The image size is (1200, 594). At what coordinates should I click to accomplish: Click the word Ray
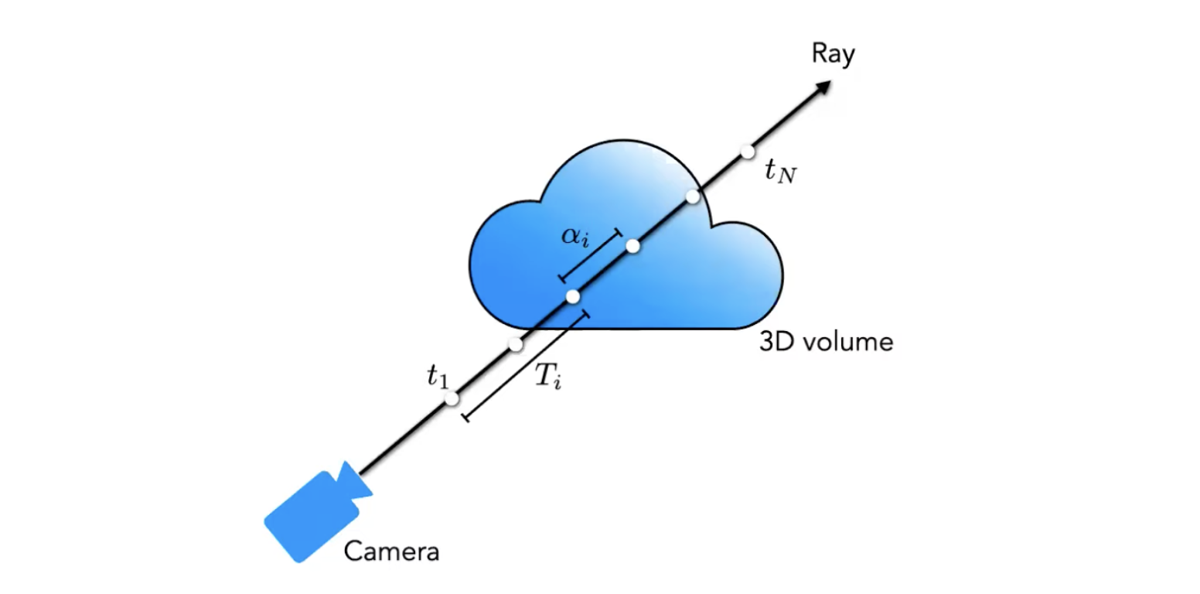coord(833,55)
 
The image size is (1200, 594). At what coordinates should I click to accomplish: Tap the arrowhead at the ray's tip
coord(824,86)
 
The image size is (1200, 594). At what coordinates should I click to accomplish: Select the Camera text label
coord(391,552)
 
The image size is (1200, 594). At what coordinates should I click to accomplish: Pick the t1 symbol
coord(437,377)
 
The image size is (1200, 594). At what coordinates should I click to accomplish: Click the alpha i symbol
coord(575,236)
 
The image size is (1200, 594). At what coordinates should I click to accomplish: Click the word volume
coord(848,342)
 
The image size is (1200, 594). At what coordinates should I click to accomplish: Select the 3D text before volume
coord(777,342)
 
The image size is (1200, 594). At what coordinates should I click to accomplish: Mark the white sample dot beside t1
coord(452,399)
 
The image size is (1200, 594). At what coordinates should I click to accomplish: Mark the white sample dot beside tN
coord(747,152)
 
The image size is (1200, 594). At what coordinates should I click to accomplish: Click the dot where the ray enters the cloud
coord(516,345)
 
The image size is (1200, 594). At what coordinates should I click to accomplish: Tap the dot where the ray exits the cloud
coord(693,196)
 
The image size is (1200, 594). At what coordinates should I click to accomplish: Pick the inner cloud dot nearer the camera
coord(573,296)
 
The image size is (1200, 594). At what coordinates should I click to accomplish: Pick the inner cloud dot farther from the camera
coord(632,246)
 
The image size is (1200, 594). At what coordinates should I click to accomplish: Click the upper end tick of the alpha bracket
coord(617,232)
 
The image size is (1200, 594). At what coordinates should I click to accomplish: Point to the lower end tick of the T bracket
coord(465,418)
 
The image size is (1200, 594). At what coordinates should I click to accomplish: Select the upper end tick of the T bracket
coord(585,315)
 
